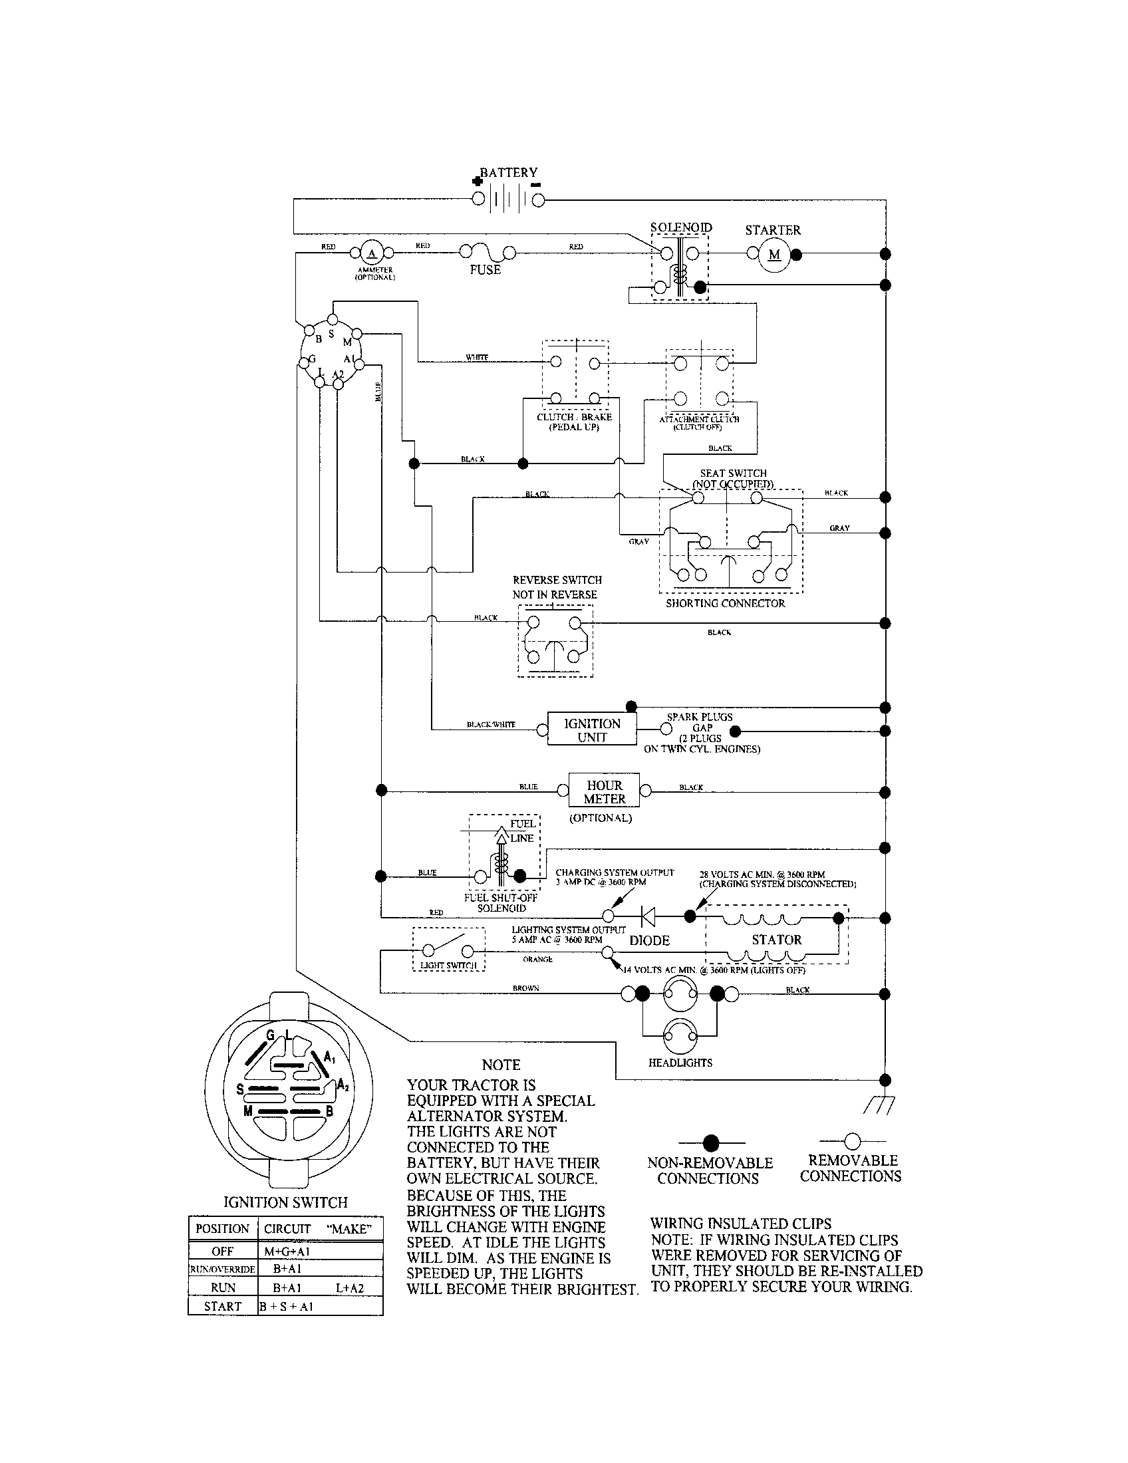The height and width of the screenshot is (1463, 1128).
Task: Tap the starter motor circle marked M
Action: pyautogui.click(x=774, y=255)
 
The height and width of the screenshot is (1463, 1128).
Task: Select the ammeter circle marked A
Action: pyautogui.click(x=372, y=253)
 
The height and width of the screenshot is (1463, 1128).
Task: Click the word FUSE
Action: pyautogui.click(x=485, y=269)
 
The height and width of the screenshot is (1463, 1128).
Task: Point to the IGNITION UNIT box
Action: pyautogui.click(x=592, y=730)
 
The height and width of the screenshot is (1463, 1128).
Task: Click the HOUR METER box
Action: pyautogui.click(x=604, y=792)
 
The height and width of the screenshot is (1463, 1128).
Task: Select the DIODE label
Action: pyautogui.click(x=649, y=940)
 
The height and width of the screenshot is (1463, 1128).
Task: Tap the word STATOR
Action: pyautogui.click(x=776, y=940)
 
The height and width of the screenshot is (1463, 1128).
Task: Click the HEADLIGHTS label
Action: pyautogui.click(x=680, y=1063)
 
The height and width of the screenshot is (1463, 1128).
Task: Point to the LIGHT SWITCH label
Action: pyautogui.click(x=448, y=966)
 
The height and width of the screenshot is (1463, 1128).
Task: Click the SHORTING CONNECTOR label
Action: pyautogui.click(x=725, y=603)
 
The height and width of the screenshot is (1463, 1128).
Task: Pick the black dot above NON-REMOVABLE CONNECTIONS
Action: pyautogui.click(x=711, y=1142)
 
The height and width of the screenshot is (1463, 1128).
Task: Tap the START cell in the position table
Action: pyautogui.click(x=222, y=1306)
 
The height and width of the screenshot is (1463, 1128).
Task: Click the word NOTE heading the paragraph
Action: pyautogui.click(x=501, y=1065)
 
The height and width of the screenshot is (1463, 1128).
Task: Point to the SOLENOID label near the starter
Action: pyautogui.click(x=680, y=227)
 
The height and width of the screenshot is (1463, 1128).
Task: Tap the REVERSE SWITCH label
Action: pyautogui.click(x=557, y=580)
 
